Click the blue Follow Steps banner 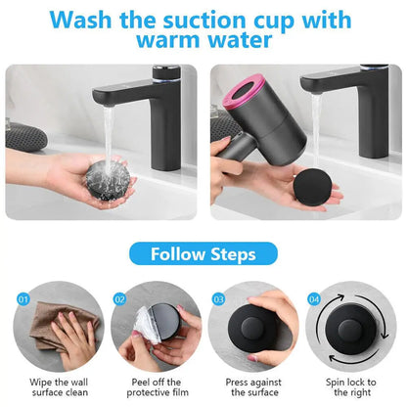tap(203, 254)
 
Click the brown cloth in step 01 tap(54, 324)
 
